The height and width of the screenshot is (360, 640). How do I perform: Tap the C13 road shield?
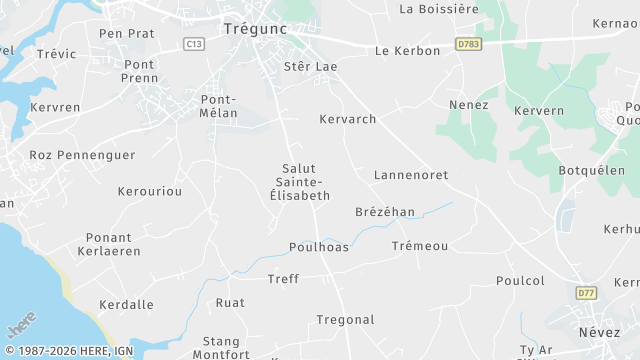click(194, 44)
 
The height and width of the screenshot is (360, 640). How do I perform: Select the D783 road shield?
click(466, 44)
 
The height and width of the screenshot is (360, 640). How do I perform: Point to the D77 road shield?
click(587, 293)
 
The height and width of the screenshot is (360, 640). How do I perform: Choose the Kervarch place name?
click(347, 119)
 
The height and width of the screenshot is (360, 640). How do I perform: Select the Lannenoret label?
click(410, 175)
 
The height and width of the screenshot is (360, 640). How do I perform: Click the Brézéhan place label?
click(384, 212)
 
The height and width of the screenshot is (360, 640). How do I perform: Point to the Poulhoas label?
click(319, 247)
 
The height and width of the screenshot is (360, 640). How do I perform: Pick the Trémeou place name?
click(420, 245)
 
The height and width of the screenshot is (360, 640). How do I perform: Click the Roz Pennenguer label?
click(68, 155)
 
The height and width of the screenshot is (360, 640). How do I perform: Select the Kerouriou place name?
click(150, 190)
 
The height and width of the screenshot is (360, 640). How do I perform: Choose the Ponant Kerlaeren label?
click(109, 245)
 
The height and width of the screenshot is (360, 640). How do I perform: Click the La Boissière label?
click(439, 9)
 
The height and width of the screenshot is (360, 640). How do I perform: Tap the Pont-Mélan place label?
click(218, 106)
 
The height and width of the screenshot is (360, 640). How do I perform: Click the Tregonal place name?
click(345, 320)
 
